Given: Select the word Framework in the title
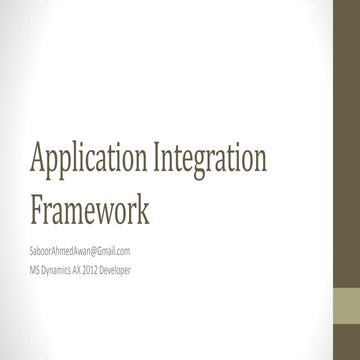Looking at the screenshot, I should coord(93,210).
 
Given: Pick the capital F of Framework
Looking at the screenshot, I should coord(39,210).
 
